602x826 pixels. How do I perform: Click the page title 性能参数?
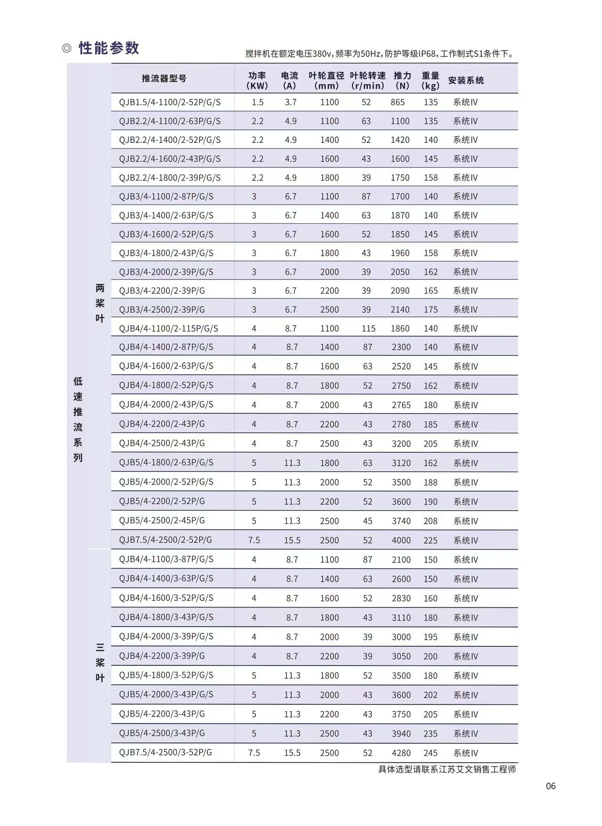tap(109, 48)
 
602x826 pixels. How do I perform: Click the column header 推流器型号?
tap(164, 79)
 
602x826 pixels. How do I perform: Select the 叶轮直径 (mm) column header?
tap(326, 80)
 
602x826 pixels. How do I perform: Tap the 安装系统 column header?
tap(466, 80)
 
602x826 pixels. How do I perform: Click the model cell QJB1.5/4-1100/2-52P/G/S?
tap(170, 102)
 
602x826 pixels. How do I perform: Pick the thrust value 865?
tap(397, 102)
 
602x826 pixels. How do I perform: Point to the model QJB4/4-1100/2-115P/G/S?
tap(168, 328)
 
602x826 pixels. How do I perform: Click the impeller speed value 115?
tap(368, 329)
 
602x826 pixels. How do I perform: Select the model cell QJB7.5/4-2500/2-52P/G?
tap(166, 540)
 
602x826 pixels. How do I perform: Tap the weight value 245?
tap(430, 753)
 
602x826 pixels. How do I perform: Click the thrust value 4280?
tap(401, 753)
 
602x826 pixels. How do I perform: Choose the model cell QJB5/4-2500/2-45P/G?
tap(162, 520)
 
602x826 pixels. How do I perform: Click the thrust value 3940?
tap(401, 733)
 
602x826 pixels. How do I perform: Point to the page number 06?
tap(551, 786)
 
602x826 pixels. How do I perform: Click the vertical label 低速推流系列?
tap(78, 419)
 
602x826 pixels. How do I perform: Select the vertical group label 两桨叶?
tap(100, 303)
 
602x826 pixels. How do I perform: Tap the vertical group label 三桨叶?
tap(100, 662)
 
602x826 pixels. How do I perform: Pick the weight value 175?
tap(430, 309)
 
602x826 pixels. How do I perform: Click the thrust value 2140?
tap(400, 309)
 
